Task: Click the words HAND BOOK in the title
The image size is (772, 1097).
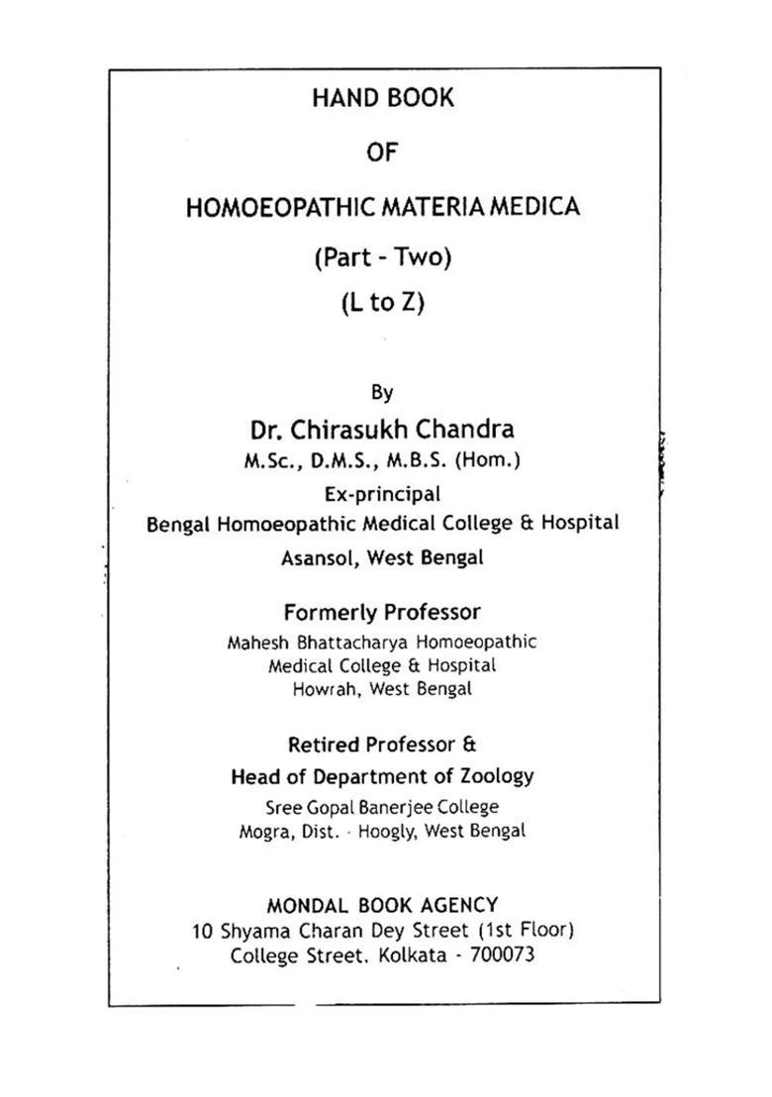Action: point(383,99)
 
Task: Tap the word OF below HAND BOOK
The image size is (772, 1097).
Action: point(382,153)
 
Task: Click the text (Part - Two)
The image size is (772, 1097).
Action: point(382,258)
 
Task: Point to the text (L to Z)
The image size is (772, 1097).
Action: point(382,303)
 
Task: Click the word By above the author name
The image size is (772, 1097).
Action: point(382,393)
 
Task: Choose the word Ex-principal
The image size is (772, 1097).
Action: point(382,493)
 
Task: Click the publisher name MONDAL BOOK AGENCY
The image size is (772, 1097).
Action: point(382,905)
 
